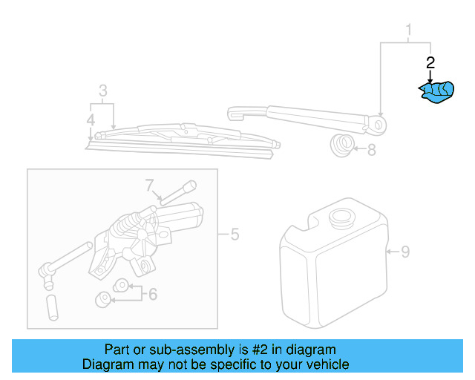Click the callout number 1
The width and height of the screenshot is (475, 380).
[407, 30]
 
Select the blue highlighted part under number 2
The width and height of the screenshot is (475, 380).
[435, 91]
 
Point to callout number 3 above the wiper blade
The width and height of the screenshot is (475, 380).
[103, 91]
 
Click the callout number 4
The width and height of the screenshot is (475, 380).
[91, 119]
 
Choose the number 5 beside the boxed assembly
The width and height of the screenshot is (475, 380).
[235, 235]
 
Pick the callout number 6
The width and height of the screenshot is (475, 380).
[152, 294]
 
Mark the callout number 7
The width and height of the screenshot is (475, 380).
[148, 184]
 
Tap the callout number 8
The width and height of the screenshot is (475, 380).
[371, 149]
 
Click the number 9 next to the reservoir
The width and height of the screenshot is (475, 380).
[404, 252]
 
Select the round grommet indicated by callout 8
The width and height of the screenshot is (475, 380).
[342, 145]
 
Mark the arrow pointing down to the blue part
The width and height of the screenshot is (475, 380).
[429, 75]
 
